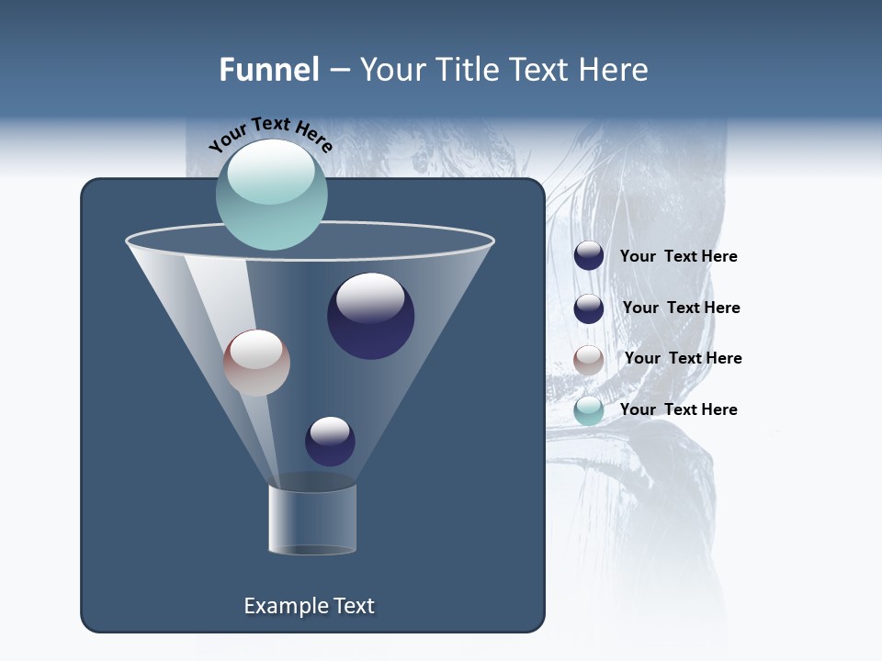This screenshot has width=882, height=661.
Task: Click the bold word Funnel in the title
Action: tap(268, 70)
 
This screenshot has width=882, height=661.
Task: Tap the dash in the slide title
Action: tap(339, 71)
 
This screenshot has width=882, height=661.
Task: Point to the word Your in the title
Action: tap(392, 70)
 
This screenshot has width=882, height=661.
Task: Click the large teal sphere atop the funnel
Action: tap(271, 195)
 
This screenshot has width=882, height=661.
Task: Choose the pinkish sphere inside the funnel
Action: tap(256, 364)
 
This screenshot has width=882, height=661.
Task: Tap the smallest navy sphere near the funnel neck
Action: tap(330, 442)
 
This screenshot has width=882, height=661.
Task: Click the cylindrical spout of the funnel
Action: tap(312, 520)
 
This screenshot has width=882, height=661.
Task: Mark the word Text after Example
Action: tap(353, 606)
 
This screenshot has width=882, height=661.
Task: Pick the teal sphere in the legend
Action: tap(589, 410)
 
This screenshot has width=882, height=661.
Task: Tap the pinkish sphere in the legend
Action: tap(589, 360)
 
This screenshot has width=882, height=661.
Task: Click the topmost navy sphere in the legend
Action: tap(589, 256)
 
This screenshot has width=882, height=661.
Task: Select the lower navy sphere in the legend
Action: tap(589, 308)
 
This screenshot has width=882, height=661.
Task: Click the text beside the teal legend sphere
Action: tap(678, 409)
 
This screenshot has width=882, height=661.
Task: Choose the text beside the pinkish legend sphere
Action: tap(683, 358)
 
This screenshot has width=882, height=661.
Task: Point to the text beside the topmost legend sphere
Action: tap(678, 256)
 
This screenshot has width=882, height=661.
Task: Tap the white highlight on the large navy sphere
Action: tap(370, 297)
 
